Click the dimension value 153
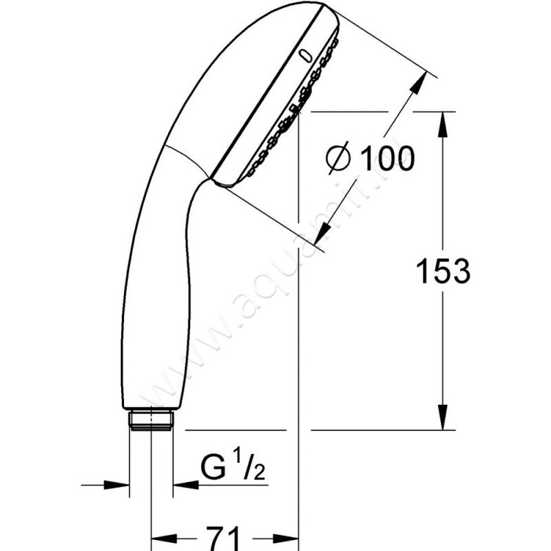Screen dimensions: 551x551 click(443, 271)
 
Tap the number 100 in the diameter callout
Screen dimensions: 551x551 click(387, 159)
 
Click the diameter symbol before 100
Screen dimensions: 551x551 click(339, 160)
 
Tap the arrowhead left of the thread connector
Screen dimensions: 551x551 click(121, 486)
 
